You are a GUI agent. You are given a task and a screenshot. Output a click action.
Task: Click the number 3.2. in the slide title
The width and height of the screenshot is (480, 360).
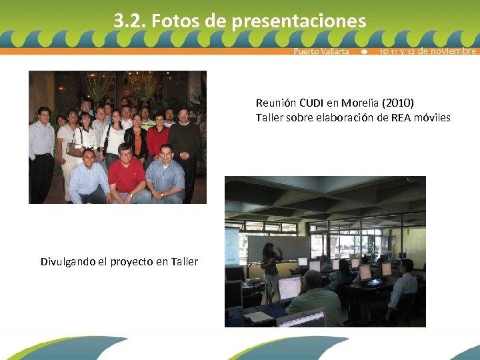tap(130, 21)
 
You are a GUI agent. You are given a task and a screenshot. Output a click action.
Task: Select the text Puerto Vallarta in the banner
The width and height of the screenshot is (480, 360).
tap(321, 51)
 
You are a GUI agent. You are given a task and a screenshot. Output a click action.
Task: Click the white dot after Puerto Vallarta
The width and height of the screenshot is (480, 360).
tap(364, 51)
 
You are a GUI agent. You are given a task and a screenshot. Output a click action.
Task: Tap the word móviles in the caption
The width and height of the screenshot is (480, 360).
tap(431, 117)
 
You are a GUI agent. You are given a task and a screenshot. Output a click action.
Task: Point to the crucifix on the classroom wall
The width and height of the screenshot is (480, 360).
tap(407, 233)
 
